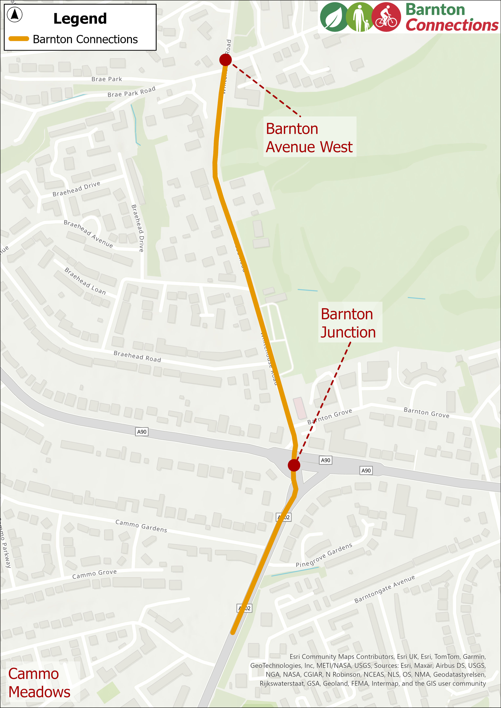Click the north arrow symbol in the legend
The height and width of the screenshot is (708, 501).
tap(15, 15)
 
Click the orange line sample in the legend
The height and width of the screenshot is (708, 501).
tap(19, 39)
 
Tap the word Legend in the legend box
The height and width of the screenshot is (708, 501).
tap(80, 19)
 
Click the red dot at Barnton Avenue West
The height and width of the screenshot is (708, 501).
tap(225, 60)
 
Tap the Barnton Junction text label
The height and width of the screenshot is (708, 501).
tap(348, 323)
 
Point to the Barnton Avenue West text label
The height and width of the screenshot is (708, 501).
tap(309, 137)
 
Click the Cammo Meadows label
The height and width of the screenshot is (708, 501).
tap(39, 683)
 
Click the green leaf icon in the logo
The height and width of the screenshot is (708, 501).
tap(333, 17)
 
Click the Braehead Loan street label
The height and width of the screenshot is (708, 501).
tap(85, 281)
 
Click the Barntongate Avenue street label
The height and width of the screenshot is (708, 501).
tap(384, 589)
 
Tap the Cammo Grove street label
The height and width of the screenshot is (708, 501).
tap(95, 574)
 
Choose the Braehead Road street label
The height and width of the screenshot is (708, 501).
tap(137, 356)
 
